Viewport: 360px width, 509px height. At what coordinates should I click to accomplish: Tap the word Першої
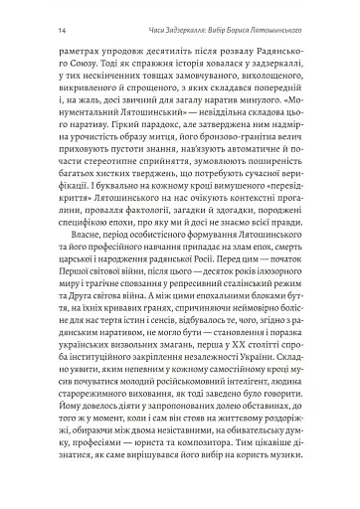pyautogui.click(x=79, y=309)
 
